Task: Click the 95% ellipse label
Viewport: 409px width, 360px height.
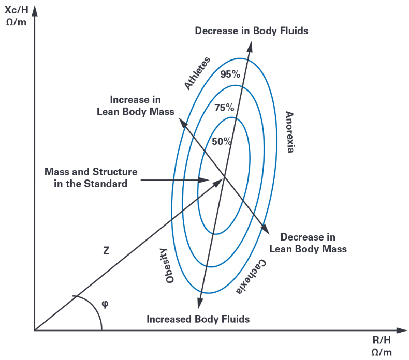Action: click(x=230, y=74)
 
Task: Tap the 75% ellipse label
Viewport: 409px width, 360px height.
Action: click(x=224, y=108)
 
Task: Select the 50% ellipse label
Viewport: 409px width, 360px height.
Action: click(x=221, y=141)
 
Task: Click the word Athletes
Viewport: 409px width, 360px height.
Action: click(x=197, y=73)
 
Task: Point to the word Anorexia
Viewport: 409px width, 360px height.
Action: click(x=289, y=132)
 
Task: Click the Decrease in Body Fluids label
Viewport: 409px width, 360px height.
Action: click(x=251, y=31)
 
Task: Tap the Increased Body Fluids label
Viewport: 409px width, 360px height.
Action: click(x=198, y=319)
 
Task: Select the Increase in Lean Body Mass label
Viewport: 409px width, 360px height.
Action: click(x=136, y=106)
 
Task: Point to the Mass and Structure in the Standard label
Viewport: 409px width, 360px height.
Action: click(x=91, y=177)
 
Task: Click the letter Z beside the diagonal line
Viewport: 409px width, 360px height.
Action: click(x=106, y=251)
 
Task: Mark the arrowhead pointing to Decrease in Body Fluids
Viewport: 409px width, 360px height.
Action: click(x=251, y=47)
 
